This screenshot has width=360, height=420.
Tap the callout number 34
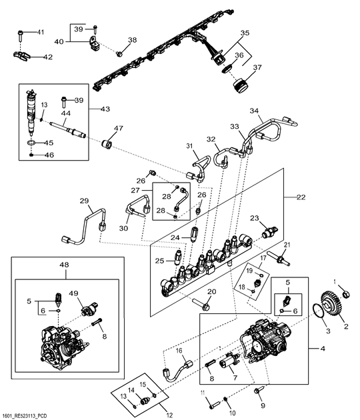click(254, 111)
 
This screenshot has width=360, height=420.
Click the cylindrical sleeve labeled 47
click(106, 144)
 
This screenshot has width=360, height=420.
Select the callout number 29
click(84, 201)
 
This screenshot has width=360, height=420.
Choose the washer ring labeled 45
click(33, 143)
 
